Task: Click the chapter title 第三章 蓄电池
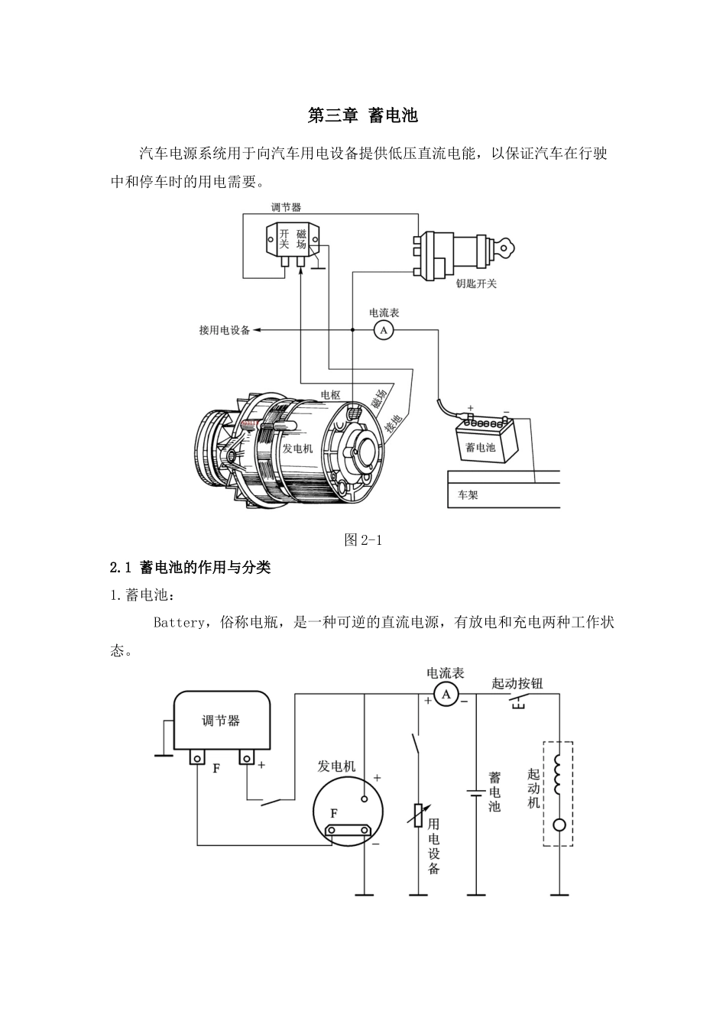pyautogui.click(x=363, y=116)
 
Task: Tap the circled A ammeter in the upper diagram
pyautogui.click(x=383, y=330)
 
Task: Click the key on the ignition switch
pyautogui.click(x=506, y=246)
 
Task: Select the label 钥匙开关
pyautogui.click(x=476, y=283)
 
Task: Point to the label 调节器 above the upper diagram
pyautogui.click(x=286, y=207)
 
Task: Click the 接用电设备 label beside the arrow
pyautogui.click(x=224, y=330)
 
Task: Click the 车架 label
pyautogui.click(x=468, y=494)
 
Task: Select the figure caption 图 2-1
pyautogui.click(x=363, y=539)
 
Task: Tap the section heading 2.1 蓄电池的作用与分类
pyautogui.click(x=190, y=568)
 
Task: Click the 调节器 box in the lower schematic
pyautogui.click(x=221, y=720)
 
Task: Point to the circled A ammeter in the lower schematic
pyautogui.click(x=446, y=694)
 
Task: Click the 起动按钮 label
pyautogui.click(x=517, y=683)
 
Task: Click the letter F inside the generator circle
pyautogui.click(x=334, y=814)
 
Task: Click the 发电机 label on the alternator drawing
pyautogui.click(x=298, y=449)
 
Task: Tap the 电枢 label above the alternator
pyautogui.click(x=330, y=395)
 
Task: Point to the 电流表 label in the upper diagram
pyautogui.click(x=384, y=313)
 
